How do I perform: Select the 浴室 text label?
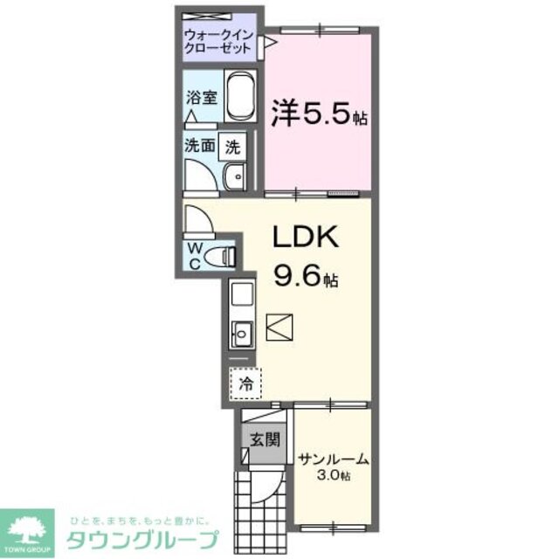(197, 98)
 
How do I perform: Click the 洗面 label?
(199, 147)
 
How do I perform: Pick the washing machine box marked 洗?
(232, 147)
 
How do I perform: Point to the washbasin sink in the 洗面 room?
(234, 178)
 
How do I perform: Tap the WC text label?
(195, 254)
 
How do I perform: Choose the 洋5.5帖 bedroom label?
(318, 114)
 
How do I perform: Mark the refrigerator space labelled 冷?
(246, 383)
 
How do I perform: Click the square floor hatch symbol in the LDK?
(282, 329)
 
